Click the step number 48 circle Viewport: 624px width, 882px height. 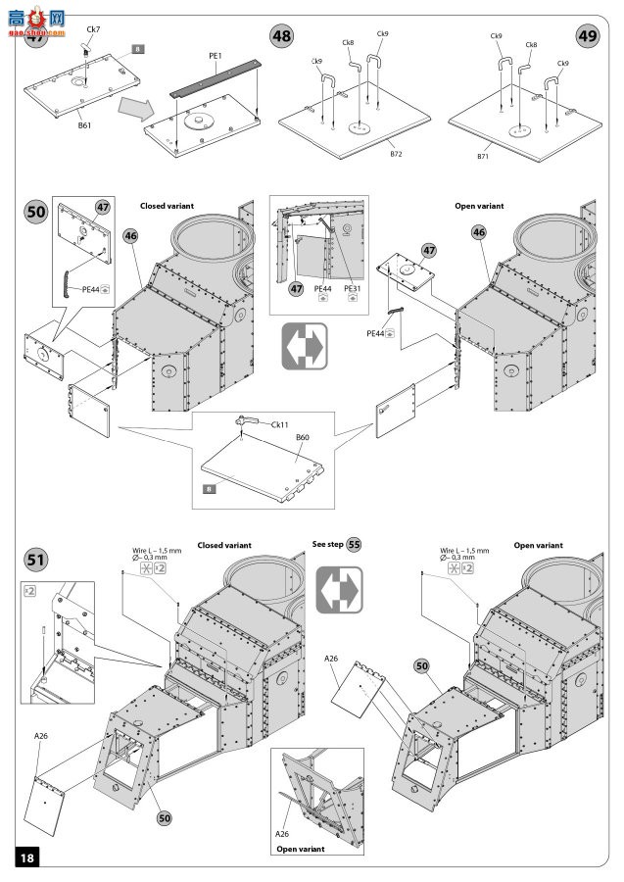click(282, 35)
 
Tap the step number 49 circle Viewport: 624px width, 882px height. click(588, 35)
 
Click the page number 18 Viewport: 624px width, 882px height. click(26, 857)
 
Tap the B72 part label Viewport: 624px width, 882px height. click(396, 154)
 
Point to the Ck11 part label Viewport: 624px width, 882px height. click(279, 424)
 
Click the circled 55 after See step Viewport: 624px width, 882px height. click(354, 545)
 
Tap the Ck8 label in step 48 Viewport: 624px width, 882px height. click(348, 42)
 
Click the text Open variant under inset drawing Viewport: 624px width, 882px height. click(301, 850)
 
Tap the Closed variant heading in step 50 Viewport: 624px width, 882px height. click(168, 207)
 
